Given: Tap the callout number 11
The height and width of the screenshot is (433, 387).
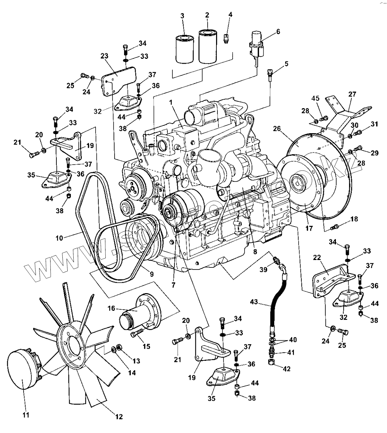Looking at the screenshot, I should (x=26, y=415).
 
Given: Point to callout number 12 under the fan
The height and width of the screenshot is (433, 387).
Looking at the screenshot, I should (x=119, y=417).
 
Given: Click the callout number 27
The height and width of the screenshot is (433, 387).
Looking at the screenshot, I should (x=352, y=94).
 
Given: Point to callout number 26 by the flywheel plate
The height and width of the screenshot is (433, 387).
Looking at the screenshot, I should (x=277, y=129).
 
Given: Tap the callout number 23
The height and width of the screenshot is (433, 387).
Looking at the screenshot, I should (x=104, y=56).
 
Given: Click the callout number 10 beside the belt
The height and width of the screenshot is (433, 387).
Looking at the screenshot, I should (x=59, y=238).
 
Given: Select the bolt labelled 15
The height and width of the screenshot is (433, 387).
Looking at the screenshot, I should (x=137, y=332).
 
